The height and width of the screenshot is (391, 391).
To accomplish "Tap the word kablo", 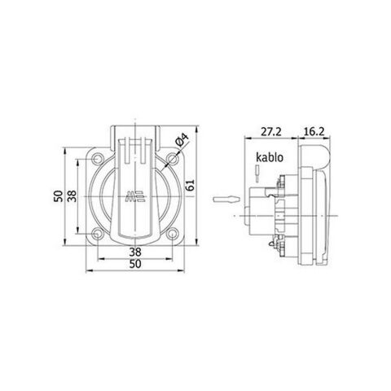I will click(x=268, y=159).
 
